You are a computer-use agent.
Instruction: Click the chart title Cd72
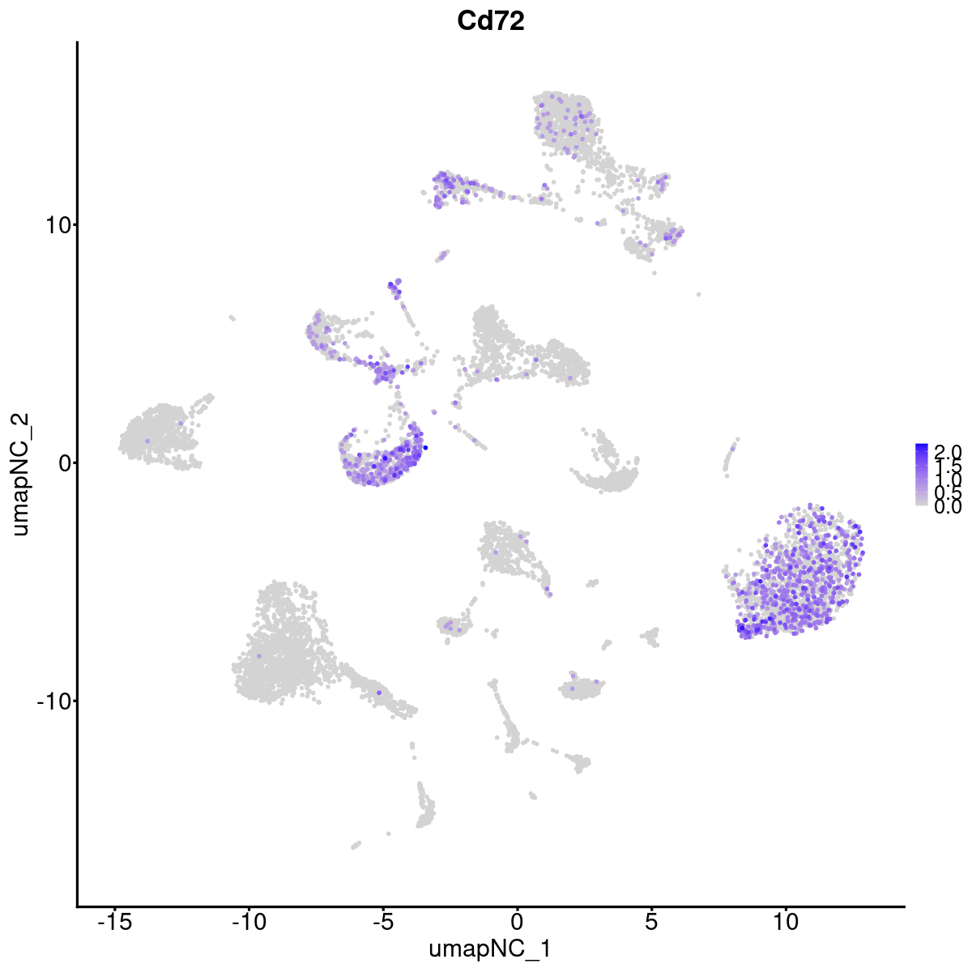(490, 21)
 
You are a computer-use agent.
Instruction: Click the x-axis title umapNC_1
(490, 949)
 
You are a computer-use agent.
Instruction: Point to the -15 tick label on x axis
(114, 921)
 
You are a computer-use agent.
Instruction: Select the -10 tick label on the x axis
(248, 921)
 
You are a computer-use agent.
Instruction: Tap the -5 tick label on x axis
(382, 921)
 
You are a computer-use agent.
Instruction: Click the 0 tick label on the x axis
(517, 921)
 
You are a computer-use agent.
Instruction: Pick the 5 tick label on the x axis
(651, 921)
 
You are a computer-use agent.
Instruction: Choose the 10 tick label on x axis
(785, 921)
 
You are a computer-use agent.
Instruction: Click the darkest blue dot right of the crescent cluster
(425, 448)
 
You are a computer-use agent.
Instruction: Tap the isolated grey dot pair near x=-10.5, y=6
(232, 318)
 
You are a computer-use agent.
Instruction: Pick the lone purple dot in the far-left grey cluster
(147, 441)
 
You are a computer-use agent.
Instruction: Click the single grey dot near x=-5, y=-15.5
(389, 833)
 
